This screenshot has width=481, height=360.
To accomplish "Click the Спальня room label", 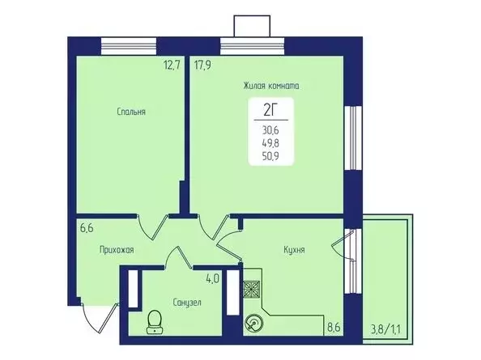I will [130, 112].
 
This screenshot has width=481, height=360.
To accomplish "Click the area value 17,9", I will [202, 66].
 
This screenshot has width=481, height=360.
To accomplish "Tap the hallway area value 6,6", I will [87, 228].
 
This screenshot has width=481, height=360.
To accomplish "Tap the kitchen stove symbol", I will [253, 287].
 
